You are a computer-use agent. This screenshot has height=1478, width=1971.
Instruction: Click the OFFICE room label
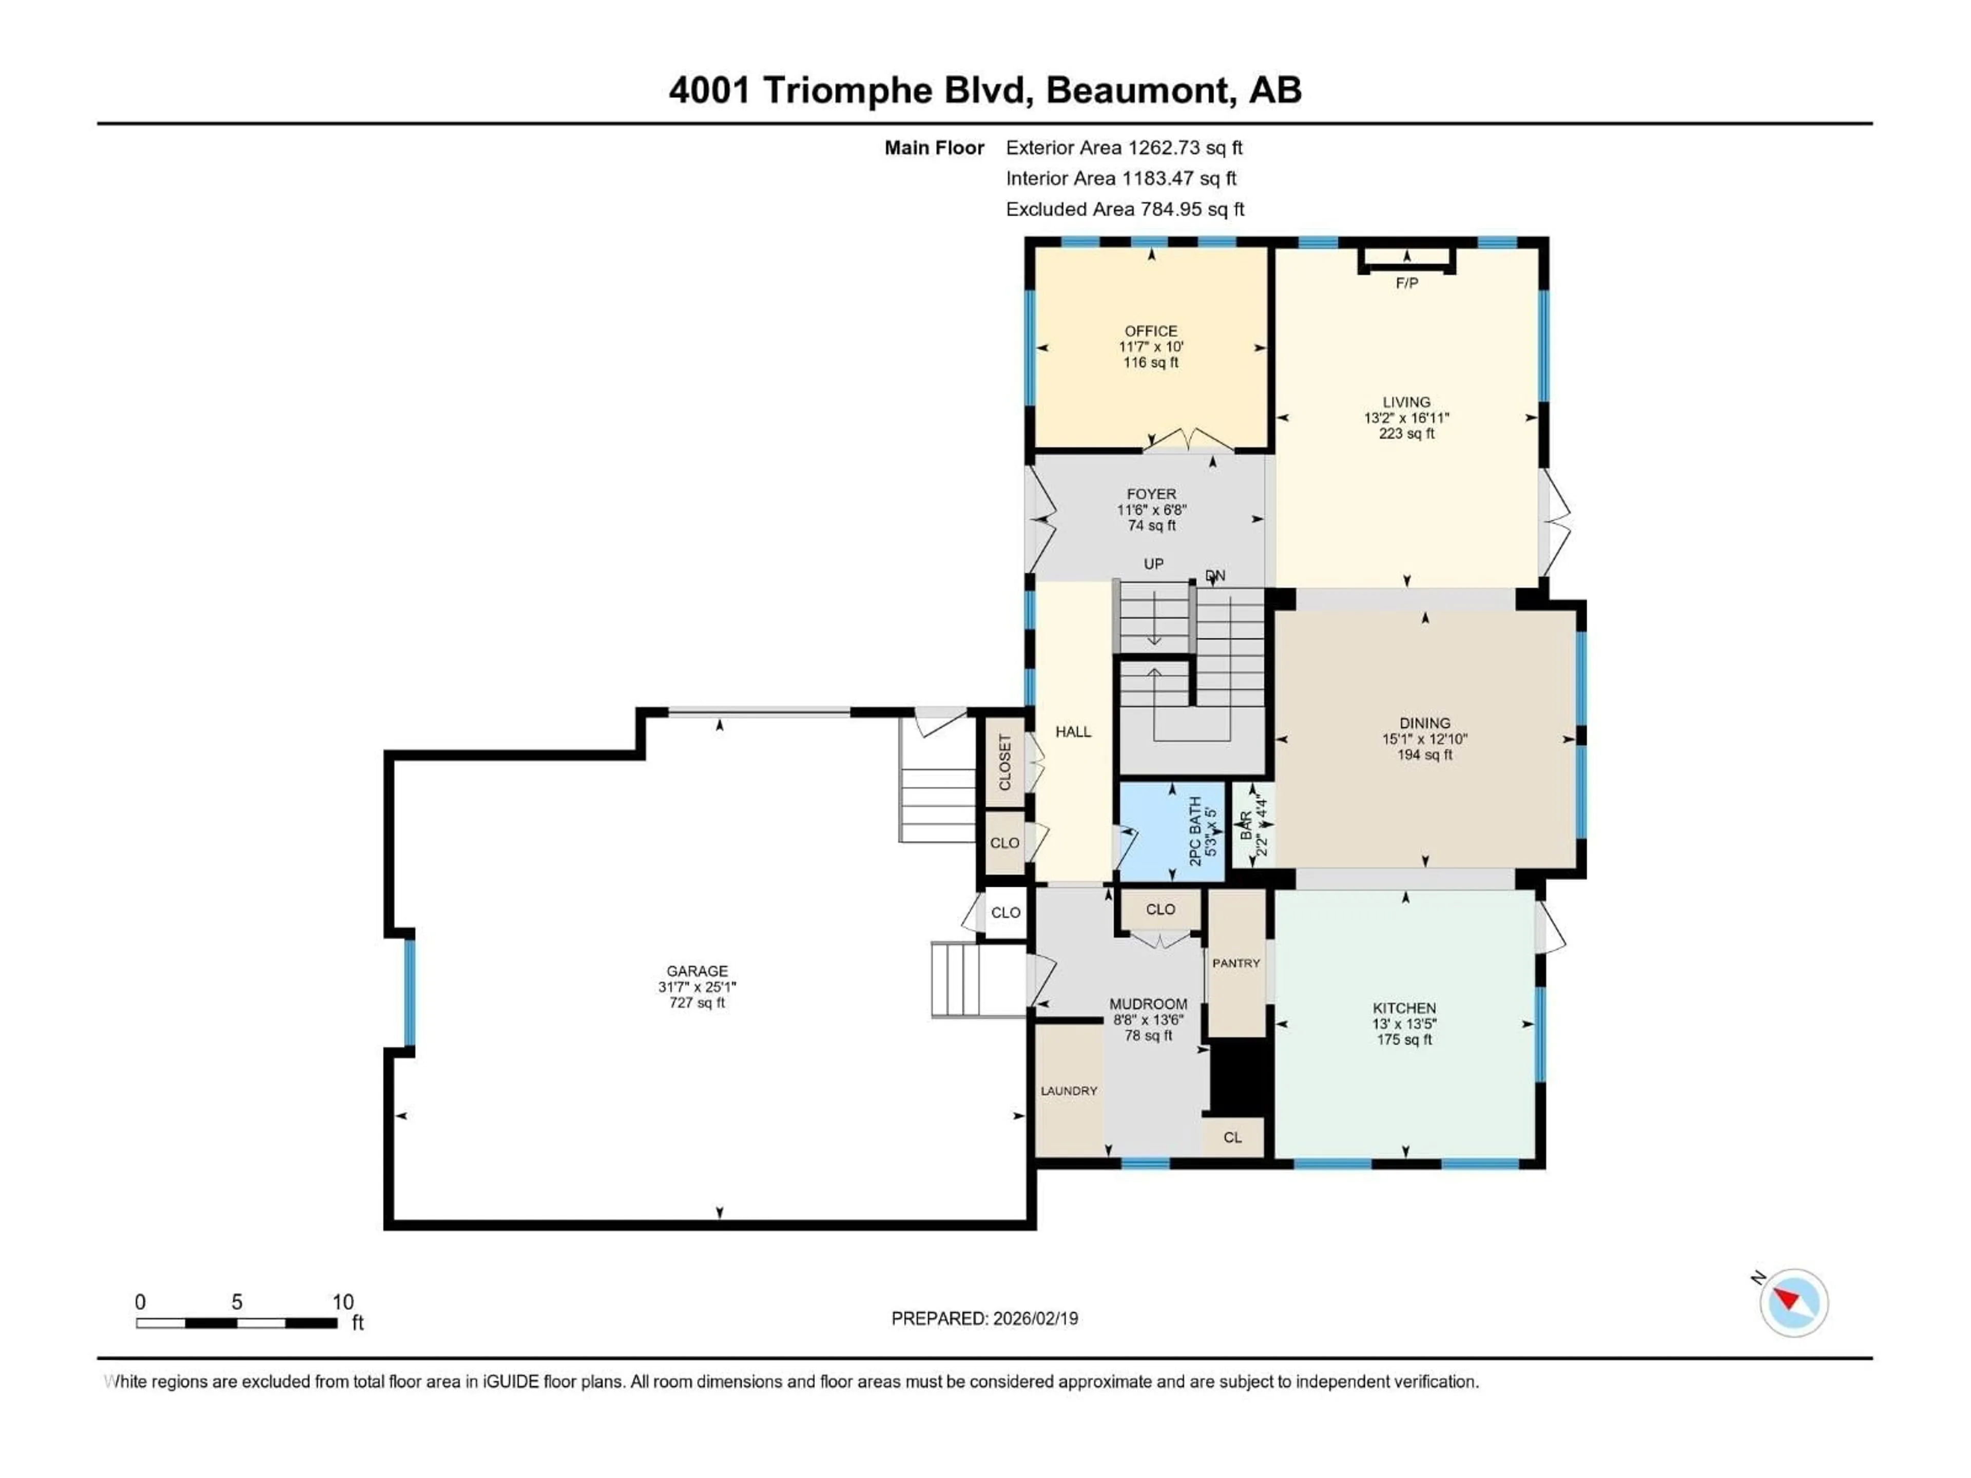pyautogui.click(x=1150, y=330)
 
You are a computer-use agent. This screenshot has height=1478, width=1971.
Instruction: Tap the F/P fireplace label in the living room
pyautogui.click(x=1406, y=283)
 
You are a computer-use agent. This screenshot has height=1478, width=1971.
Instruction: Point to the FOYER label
pyautogui.click(x=1151, y=494)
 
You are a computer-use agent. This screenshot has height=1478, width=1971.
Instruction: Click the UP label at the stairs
pyautogui.click(x=1153, y=564)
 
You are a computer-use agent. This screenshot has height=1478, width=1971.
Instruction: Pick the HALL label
pyautogui.click(x=1073, y=731)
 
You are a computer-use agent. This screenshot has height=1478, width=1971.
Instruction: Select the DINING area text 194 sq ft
pyautogui.click(x=1424, y=754)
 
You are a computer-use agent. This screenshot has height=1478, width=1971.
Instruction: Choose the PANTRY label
pyautogui.click(x=1236, y=963)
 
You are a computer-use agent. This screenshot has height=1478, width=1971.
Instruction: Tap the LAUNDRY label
pyautogui.click(x=1068, y=1091)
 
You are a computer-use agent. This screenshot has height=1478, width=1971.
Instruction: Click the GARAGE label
pyautogui.click(x=697, y=971)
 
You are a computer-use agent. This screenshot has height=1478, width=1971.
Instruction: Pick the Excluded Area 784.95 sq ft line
pyautogui.click(x=1125, y=209)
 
